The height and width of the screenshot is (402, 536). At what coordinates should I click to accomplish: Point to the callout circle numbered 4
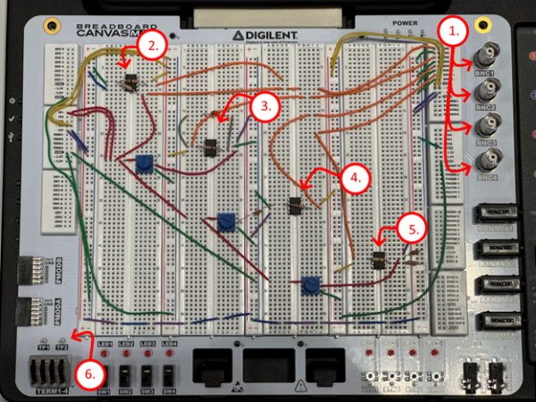click(x=355, y=178)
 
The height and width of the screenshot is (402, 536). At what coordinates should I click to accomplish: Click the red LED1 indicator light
click(x=105, y=355)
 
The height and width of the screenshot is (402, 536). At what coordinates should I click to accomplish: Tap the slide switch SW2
click(x=127, y=375)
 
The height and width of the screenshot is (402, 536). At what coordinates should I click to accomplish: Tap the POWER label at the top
click(x=404, y=22)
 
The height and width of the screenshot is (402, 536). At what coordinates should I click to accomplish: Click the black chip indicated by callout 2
click(x=130, y=81)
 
